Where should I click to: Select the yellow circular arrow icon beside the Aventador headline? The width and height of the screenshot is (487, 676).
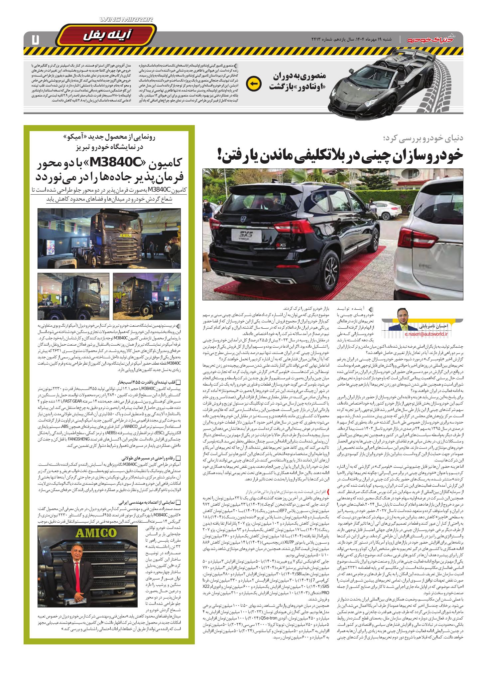253,82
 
